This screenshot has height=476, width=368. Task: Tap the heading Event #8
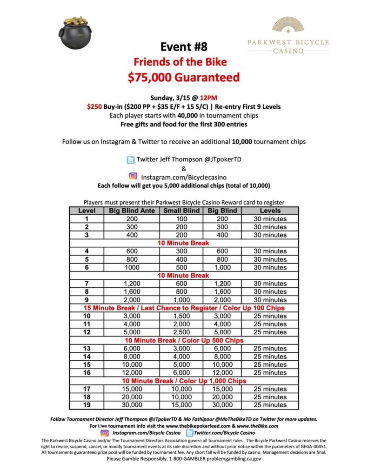(183, 46)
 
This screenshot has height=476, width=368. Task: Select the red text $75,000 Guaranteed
(183, 77)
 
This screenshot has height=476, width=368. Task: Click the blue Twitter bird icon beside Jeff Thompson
(131, 159)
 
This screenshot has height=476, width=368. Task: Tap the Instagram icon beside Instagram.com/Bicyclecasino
(133, 176)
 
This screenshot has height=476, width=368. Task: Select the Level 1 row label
(87, 219)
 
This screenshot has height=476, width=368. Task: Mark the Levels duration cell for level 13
(270, 348)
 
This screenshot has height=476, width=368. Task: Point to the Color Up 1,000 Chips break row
(183, 381)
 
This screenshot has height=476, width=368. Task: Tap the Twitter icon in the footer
(189, 433)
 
